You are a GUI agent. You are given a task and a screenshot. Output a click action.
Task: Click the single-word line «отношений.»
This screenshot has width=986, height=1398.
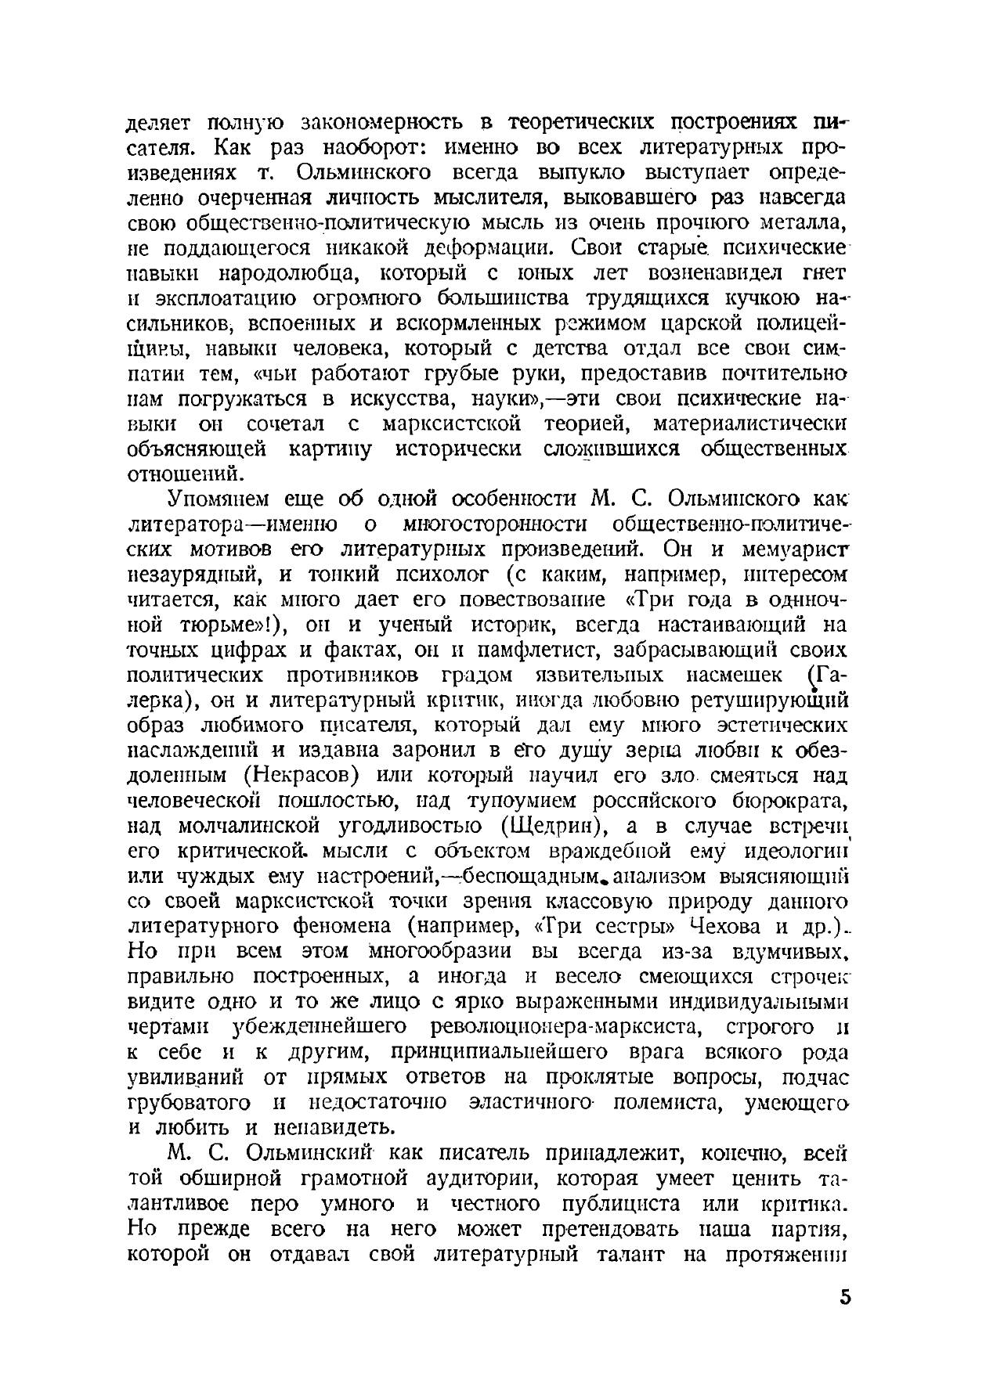[179, 474]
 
